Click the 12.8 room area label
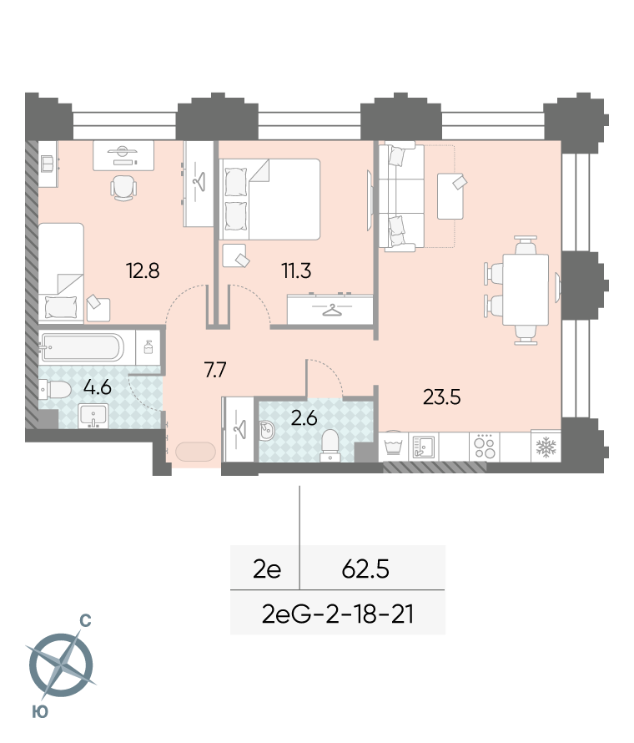click(x=143, y=270)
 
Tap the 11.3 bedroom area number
click(x=296, y=270)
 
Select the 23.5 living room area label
click(x=441, y=397)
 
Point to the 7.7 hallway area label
click(x=215, y=370)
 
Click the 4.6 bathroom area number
click(x=97, y=387)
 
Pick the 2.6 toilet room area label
click(x=304, y=418)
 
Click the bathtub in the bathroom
click(x=83, y=347)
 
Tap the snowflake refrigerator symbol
click(x=546, y=447)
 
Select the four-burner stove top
click(x=485, y=447)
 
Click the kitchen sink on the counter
click(x=423, y=447)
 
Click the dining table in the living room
click(x=526, y=290)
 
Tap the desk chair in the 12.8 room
click(x=123, y=188)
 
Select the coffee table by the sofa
click(x=450, y=196)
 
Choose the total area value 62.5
click(x=365, y=569)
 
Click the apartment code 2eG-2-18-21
click(x=338, y=614)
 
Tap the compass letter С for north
click(x=85, y=620)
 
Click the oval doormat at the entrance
click(x=195, y=452)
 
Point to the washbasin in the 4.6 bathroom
click(x=93, y=416)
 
